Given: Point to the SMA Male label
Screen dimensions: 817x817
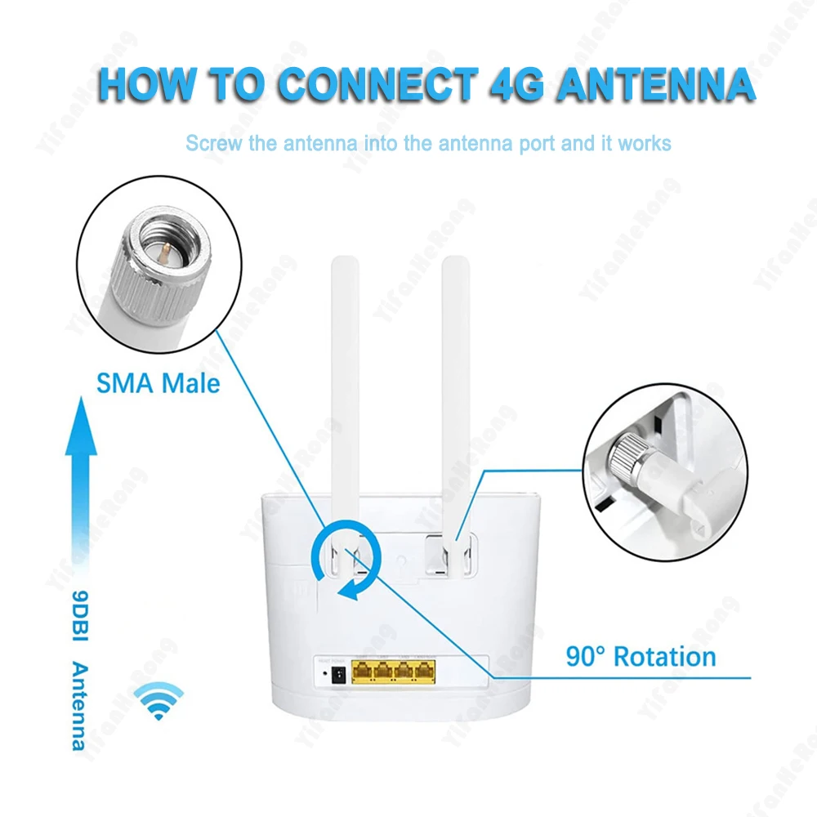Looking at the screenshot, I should pyautogui.click(x=158, y=382).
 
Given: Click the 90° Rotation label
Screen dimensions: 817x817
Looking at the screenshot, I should pyautogui.click(x=641, y=656).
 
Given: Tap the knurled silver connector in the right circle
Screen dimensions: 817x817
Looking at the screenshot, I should pyautogui.click(x=630, y=450).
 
